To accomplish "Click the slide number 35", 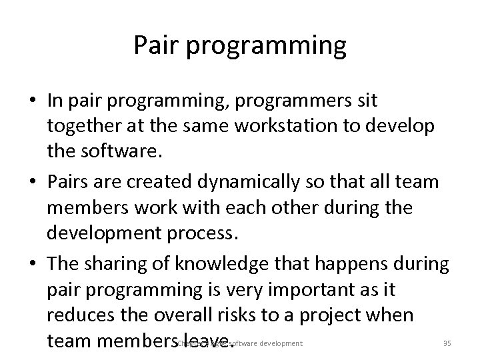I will [x=447, y=343].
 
